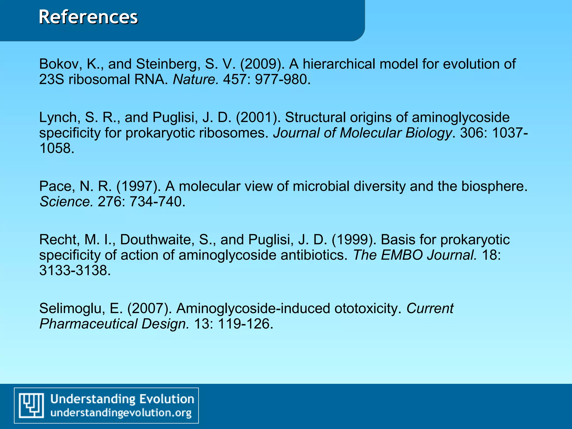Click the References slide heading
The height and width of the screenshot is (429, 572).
[x=88, y=17]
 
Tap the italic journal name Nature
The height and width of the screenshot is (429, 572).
[x=196, y=80]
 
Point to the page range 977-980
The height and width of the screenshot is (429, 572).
[x=282, y=80]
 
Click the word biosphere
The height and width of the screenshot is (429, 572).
[x=494, y=186]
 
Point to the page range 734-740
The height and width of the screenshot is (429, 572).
[x=157, y=202]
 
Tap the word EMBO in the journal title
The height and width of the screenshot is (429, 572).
[x=402, y=255]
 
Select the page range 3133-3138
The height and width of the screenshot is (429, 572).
[x=75, y=271]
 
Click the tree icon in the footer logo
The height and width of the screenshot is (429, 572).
[x=31, y=405]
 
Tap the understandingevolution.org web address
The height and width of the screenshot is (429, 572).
[x=121, y=413]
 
